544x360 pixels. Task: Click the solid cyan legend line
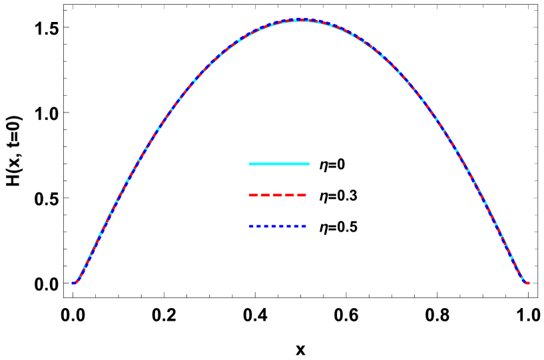tap(279, 164)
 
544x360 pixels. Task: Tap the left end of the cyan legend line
tap(250, 164)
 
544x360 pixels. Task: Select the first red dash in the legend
tap(253, 195)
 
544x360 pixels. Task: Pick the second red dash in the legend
tap(265, 195)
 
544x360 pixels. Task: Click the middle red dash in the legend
tap(278, 195)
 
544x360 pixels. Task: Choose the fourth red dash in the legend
tap(290, 195)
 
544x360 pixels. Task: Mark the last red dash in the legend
tap(302, 195)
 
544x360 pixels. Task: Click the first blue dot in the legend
tap(251, 226)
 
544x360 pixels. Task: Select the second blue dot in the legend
tap(258, 226)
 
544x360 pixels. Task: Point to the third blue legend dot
tap(266, 226)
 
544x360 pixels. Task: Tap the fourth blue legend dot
tap(274, 226)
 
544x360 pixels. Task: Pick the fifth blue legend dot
tap(281, 226)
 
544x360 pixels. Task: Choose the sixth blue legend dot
tap(288, 226)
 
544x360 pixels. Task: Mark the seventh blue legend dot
tap(296, 226)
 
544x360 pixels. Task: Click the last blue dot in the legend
tap(304, 226)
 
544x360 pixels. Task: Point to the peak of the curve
tap(300, 19)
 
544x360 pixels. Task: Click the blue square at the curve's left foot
tap(73, 283)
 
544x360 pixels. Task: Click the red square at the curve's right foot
tap(527, 283)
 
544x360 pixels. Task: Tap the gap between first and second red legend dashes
tap(259, 195)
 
